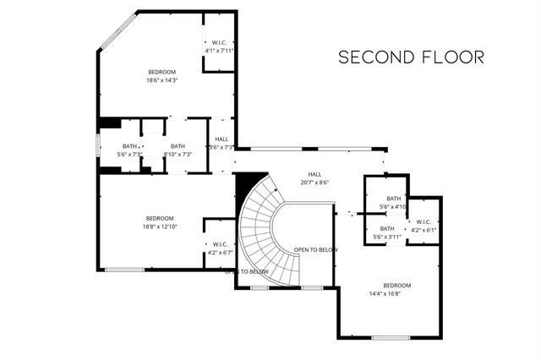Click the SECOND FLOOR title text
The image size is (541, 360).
411,57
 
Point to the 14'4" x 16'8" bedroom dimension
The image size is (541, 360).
396,294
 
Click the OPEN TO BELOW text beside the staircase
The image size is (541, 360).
316,250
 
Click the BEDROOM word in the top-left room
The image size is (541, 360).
161,73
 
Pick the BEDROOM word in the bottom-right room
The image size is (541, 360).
396,285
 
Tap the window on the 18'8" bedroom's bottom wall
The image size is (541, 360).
123,270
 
